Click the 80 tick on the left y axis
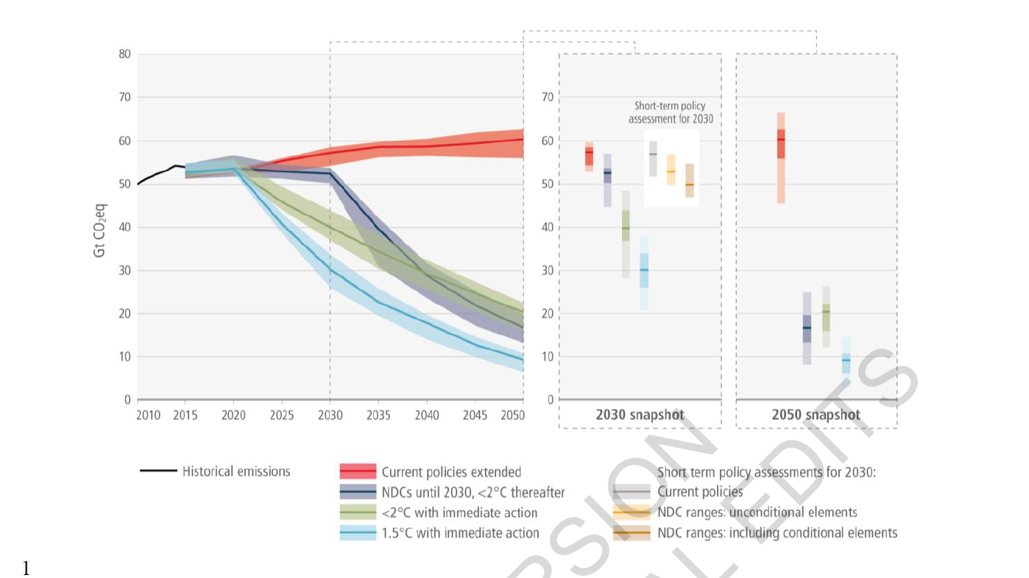[125, 54]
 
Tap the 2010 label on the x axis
[149, 415]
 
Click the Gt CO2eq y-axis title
[101, 227]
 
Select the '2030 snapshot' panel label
[640, 415]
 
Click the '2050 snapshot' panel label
[816, 415]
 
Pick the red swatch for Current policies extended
[358, 472]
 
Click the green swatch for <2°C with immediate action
[358, 513]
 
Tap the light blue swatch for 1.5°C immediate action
[358, 533]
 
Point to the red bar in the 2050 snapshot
[781, 157]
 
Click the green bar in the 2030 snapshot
[626, 234]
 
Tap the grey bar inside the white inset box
[653, 158]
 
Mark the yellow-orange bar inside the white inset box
[671, 169]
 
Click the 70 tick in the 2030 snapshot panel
[548, 97]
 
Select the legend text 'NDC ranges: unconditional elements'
[757, 513]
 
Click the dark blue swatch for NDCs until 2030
[358, 492]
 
